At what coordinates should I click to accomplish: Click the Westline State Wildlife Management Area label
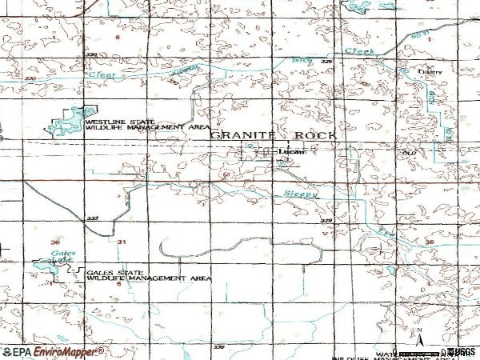[x=129, y=124]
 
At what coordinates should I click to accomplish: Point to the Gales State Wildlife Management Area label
[x=147, y=275]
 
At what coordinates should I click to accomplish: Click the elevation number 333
[x=92, y=218]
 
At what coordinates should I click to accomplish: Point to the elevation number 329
[x=326, y=218]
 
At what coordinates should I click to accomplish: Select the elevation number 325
[x=326, y=61]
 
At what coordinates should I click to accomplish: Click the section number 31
[x=121, y=241]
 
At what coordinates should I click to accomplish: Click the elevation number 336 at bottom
[x=220, y=347]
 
